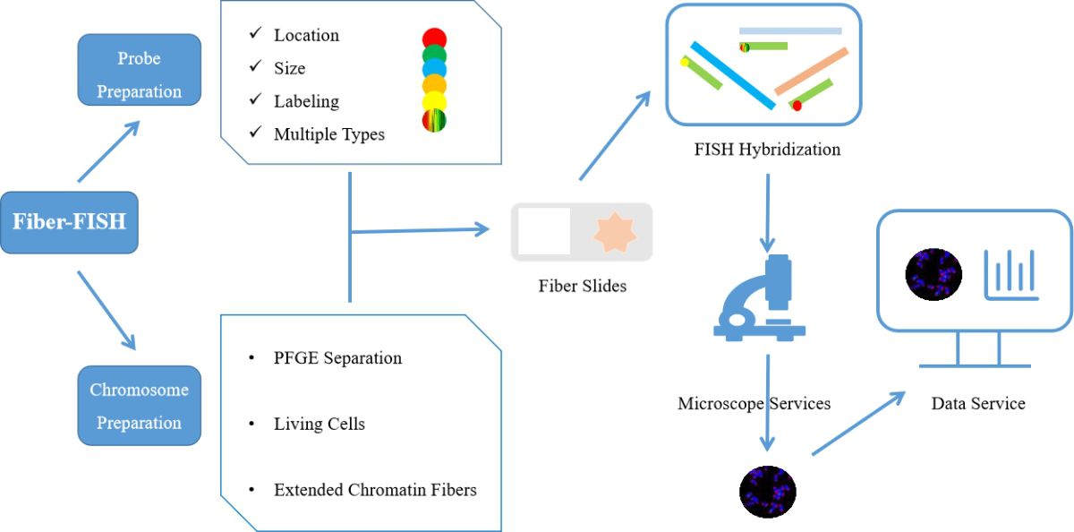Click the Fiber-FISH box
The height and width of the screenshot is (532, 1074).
tap(69, 222)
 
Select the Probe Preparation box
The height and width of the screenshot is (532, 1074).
tap(139, 70)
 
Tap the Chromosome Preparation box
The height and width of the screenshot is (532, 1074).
tap(139, 406)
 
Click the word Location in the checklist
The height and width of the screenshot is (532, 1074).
tap(306, 35)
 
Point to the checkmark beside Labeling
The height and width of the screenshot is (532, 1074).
tap(256, 99)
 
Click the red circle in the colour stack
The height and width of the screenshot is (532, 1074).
tap(434, 39)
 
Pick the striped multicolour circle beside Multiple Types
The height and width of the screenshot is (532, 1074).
tap(434, 120)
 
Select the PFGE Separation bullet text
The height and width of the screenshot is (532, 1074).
tap(337, 358)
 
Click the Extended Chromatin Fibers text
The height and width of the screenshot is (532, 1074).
tap(375, 490)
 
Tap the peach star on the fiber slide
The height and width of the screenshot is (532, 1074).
tap(615, 233)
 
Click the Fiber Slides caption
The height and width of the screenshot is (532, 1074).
tap(582, 286)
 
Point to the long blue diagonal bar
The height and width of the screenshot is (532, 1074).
tap(733, 75)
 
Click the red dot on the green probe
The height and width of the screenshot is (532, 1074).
tap(797, 106)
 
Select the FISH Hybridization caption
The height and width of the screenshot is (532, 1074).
tap(767, 150)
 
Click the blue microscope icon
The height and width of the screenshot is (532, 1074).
tap(760, 297)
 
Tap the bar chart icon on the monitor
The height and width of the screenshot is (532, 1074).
tap(1010, 275)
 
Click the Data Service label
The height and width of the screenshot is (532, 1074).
tap(978, 403)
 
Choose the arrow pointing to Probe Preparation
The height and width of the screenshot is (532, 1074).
tap(109, 151)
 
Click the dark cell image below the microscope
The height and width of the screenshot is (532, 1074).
tap(768, 492)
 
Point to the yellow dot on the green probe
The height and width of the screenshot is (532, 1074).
tap(685, 62)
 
